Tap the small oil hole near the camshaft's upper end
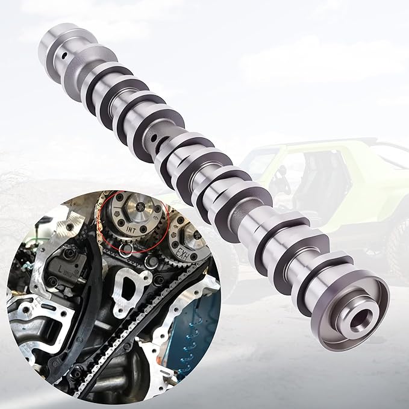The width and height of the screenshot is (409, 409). point(63,58)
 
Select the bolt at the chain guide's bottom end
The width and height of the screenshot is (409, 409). point(76,373)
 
